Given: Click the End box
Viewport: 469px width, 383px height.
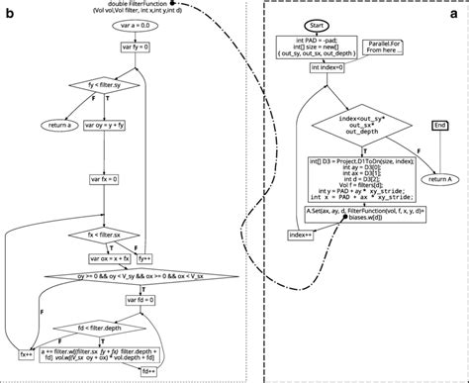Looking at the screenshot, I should click(x=440, y=126).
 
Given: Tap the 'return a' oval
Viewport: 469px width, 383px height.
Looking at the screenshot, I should click(x=59, y=126).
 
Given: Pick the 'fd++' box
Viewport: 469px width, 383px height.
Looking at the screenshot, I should click(x=150, y=370).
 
